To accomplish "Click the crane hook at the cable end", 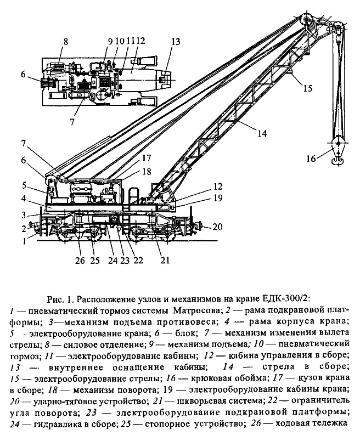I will tap(336, 160).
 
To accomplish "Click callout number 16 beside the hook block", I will tap(311, 159).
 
